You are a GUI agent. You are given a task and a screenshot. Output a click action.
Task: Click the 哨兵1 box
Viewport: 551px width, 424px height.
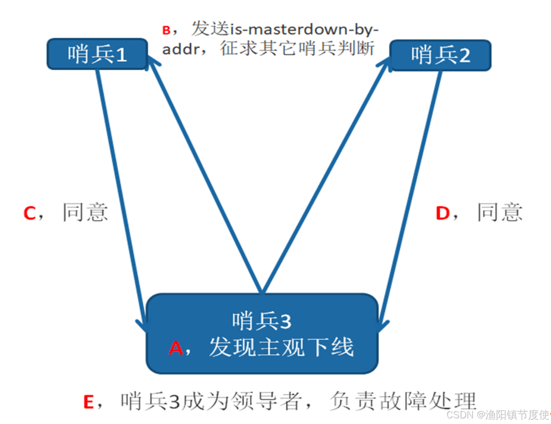[97, 55]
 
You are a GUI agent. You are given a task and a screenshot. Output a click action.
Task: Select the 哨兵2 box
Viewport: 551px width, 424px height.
[440, 55]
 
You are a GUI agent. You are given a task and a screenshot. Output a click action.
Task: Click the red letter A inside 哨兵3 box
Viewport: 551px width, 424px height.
[176, 348]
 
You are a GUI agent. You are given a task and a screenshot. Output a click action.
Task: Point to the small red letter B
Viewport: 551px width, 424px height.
[167, 31]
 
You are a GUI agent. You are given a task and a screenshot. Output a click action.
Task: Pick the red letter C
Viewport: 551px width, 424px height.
[30, 213]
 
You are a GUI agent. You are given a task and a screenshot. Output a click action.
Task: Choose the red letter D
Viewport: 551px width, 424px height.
[442, 213]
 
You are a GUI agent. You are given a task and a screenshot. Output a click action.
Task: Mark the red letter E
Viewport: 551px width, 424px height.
[89, 402]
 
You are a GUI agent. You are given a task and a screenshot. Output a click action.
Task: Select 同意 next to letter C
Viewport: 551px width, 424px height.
[85, 212]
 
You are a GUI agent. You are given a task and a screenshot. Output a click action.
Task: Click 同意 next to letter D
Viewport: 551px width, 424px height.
[499, 212]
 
